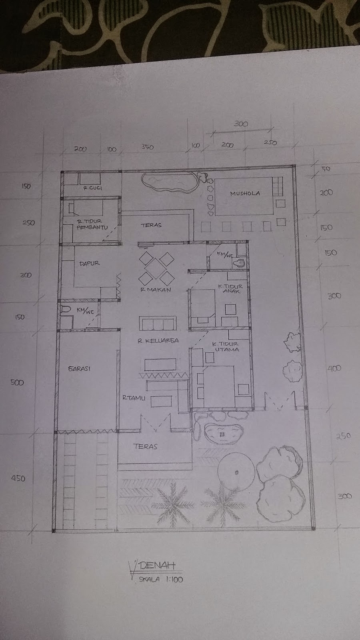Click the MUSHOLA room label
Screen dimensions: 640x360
245,194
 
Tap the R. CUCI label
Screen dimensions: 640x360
92,188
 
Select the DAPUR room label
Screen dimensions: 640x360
89,263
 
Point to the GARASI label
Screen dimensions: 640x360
79,368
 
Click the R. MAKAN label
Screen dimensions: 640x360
156,290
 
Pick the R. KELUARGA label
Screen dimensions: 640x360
158,341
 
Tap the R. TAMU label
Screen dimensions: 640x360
134,398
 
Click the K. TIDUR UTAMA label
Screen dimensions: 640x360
226,346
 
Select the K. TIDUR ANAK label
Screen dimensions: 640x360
230,289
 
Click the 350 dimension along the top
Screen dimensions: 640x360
147,147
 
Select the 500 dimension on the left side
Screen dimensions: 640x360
17,382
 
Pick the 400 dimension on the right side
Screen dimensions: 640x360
334,368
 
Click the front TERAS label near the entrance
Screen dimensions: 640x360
146,446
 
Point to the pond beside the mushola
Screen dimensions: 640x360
168,182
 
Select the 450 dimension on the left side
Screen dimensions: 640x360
18,478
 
